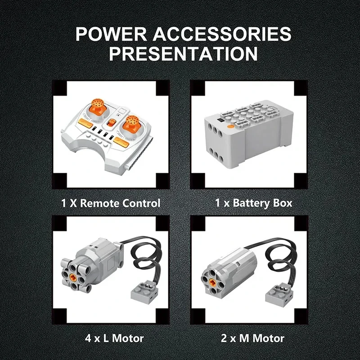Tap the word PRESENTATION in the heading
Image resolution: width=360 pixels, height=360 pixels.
point(183,54)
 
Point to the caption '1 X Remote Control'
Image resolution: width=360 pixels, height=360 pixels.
point(111,203)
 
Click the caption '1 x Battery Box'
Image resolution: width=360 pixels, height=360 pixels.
point(253,203)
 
